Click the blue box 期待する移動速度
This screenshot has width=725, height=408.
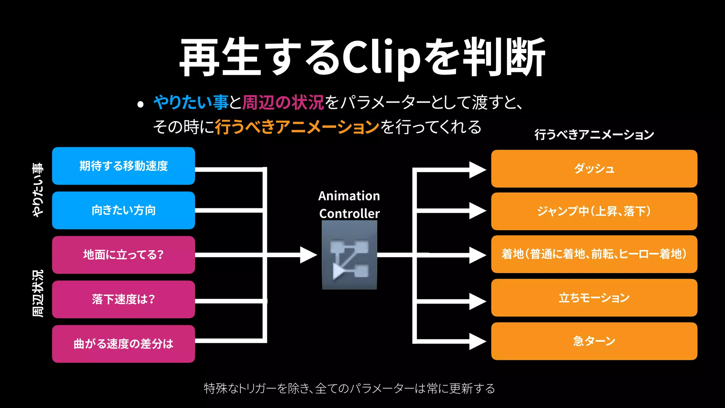(123, 166)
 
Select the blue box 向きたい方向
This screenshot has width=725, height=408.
(123, 210)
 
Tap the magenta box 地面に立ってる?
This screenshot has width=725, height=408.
(123, 255)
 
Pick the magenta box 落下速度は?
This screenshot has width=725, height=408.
(123, 299)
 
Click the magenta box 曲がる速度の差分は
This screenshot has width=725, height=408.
(123, 344)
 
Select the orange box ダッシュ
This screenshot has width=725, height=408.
(594, 169)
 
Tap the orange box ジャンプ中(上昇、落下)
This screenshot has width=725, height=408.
(594, 211)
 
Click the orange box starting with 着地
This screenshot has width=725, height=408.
(594, 254)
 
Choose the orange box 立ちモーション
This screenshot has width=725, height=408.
(594, 297)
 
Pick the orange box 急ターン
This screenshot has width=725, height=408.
(594, 341)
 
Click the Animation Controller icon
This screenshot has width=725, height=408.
(349, 255)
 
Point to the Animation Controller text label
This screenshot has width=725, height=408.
(349, 205)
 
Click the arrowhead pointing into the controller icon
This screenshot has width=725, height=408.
(308, 255)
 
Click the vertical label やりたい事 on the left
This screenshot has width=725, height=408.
(38, 189)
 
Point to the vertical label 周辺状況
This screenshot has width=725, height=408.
(38, 293)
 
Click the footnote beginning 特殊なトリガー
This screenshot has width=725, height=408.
(349, 389)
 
